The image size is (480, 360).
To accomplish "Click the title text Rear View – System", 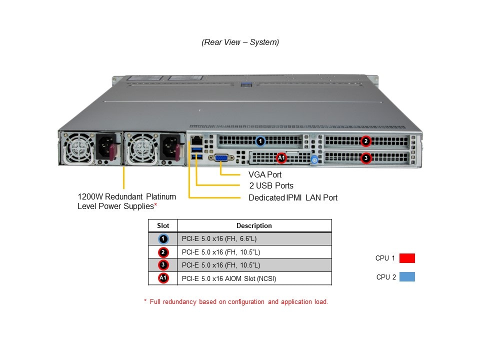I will click(240, 42).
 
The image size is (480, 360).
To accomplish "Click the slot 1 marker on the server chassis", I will click(260, 141).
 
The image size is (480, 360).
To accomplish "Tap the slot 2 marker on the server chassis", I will click(366, 141).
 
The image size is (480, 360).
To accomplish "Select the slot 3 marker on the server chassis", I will click(366, 158).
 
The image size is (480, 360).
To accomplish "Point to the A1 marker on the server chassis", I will click(281, 158).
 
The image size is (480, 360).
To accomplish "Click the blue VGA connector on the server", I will click(221, 159).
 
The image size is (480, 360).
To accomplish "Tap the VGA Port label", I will click(265, 175).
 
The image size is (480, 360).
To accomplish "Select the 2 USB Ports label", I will click(271, 186).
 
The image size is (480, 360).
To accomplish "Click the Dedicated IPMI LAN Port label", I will click(293, 197).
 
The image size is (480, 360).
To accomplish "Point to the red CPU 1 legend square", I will click(407, 258).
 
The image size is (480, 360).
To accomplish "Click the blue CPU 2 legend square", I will click(407, 277).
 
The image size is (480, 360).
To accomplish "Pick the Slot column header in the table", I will click(163, 225).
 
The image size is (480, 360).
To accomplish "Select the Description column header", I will click(254, 225).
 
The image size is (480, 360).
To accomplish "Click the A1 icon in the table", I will click(163, 278).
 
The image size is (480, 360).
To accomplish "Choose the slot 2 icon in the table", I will click(163, 252).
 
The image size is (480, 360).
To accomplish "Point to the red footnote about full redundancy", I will click(236, 302).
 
